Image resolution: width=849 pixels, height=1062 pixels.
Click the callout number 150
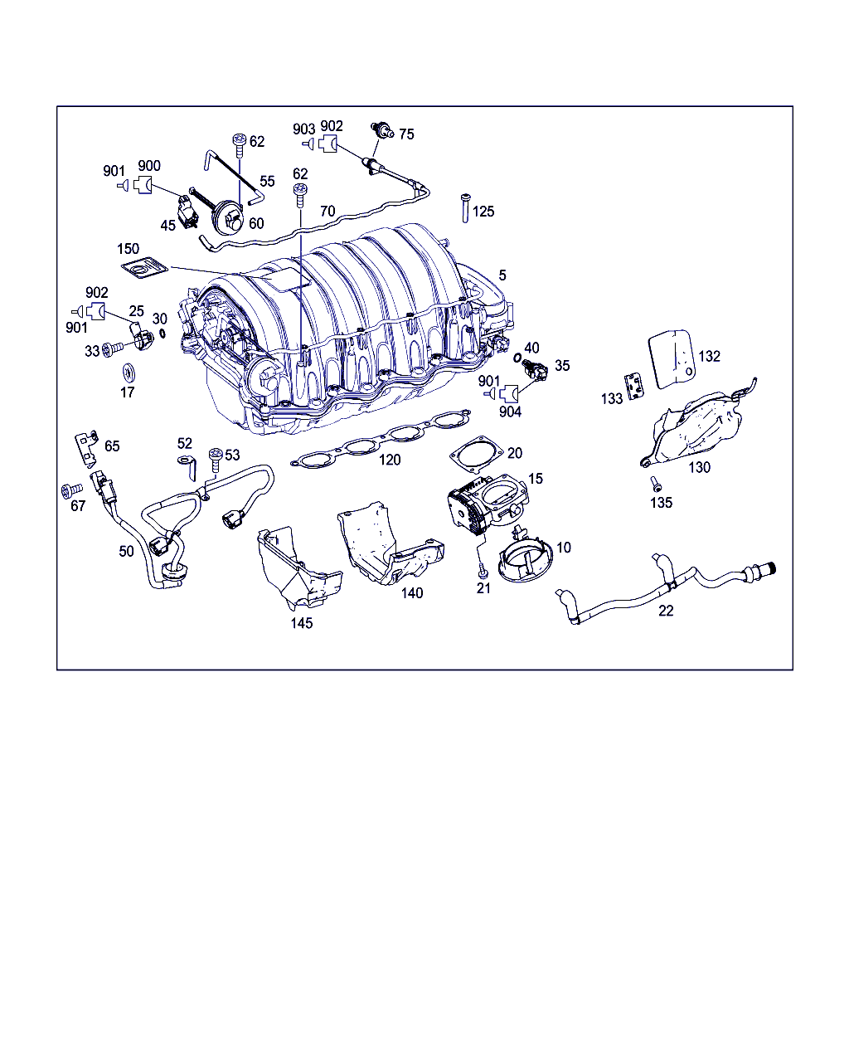tap(129, 249)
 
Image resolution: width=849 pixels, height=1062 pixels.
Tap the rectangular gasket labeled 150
tap(144, 267)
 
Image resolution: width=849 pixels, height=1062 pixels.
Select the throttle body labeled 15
tap(488, 504)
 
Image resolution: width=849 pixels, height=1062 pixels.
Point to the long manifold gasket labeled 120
tap(381, 438)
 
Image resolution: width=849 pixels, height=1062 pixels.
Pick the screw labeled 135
tap(655, 483)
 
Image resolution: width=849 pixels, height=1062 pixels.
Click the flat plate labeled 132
tap(672, 358)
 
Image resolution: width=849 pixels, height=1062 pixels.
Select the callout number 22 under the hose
tap(666, 611)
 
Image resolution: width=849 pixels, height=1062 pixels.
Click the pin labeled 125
tap(464, 208)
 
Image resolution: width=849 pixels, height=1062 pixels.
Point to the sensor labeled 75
tap(382, 130)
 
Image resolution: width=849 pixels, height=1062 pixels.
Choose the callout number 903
tap(304, 129)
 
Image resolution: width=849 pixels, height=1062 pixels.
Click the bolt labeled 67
tap(72, 490)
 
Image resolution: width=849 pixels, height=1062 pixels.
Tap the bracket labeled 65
tap(87, 449)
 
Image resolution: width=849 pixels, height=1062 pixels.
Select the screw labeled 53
tap(216, 460)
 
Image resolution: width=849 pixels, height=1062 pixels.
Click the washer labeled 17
tap(129, 373)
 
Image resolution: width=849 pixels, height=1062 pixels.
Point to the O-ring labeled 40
tap(517, 358)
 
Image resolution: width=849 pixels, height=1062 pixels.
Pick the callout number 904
tap(510, 412)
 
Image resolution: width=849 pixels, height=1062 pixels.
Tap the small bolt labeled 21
tap(482, 566)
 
